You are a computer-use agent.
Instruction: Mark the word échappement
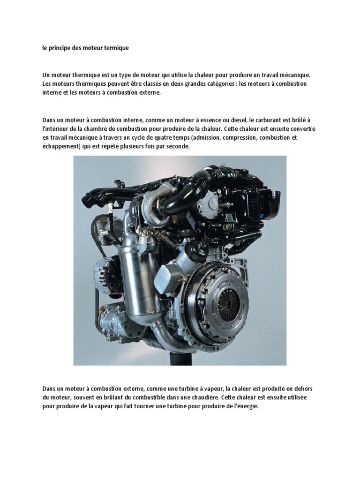tap(61, 147)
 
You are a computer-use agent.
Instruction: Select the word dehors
tap(303, 389)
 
